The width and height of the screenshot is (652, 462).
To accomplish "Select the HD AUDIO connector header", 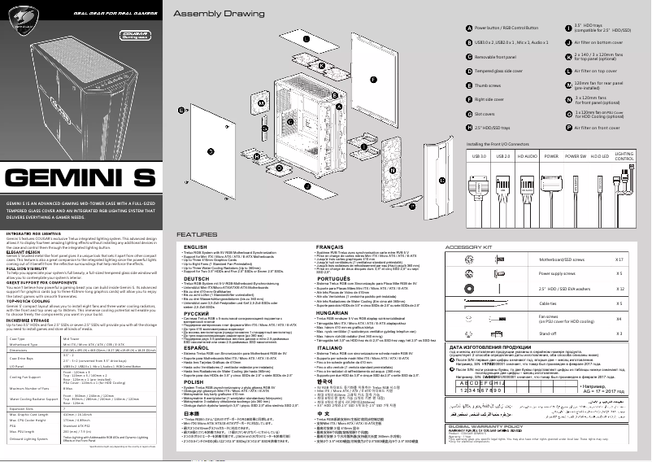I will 527,155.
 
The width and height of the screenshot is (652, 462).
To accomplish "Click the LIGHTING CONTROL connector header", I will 624,155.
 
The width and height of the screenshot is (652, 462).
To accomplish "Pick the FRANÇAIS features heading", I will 328,246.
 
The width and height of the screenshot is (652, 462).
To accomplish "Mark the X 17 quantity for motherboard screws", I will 619,259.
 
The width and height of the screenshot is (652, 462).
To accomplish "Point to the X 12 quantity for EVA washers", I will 619,288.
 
